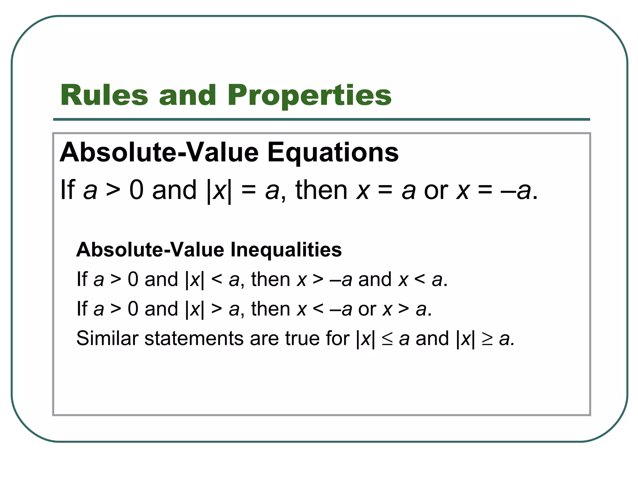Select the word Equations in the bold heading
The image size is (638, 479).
click(x=333, y=152)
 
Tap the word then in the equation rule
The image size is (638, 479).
click(x=321, y=190)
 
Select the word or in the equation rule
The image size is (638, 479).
click(x=436, y=190)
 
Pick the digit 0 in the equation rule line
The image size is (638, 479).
click(x=136, y=190)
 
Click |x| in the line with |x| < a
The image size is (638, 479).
click(x=195, y=279)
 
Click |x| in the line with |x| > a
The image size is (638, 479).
click(x=195, y=309)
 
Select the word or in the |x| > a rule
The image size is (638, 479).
click(x=367, y=309)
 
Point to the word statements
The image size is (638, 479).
click(x=193, y=338)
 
